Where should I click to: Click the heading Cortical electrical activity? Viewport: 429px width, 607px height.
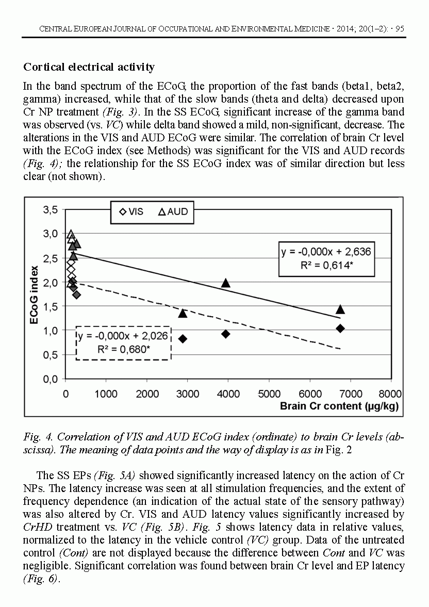[x=89, y=67]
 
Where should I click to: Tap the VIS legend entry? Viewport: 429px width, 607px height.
[x=131, y=212]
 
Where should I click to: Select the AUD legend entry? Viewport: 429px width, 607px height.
[x=173, y=212]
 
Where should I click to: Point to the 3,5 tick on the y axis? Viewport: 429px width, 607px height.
[x=49, y=209]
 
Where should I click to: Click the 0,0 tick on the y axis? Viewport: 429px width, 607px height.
[x=49, y=379]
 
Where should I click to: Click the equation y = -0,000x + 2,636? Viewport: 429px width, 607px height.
[x=326, y=252]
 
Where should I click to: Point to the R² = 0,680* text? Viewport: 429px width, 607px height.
[x=124, y=350]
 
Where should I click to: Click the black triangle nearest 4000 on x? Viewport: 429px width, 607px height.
[x=226, y=283]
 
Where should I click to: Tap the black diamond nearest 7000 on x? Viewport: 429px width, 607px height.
[x=340, y=329]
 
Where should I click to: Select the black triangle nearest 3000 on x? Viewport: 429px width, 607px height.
[x=183, y=313]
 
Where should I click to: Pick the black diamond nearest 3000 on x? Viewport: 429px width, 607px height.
[x=183, y=339]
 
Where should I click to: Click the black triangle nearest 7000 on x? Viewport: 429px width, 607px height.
[x=340, y=309]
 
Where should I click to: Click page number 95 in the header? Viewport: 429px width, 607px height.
[x=399, y=29]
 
